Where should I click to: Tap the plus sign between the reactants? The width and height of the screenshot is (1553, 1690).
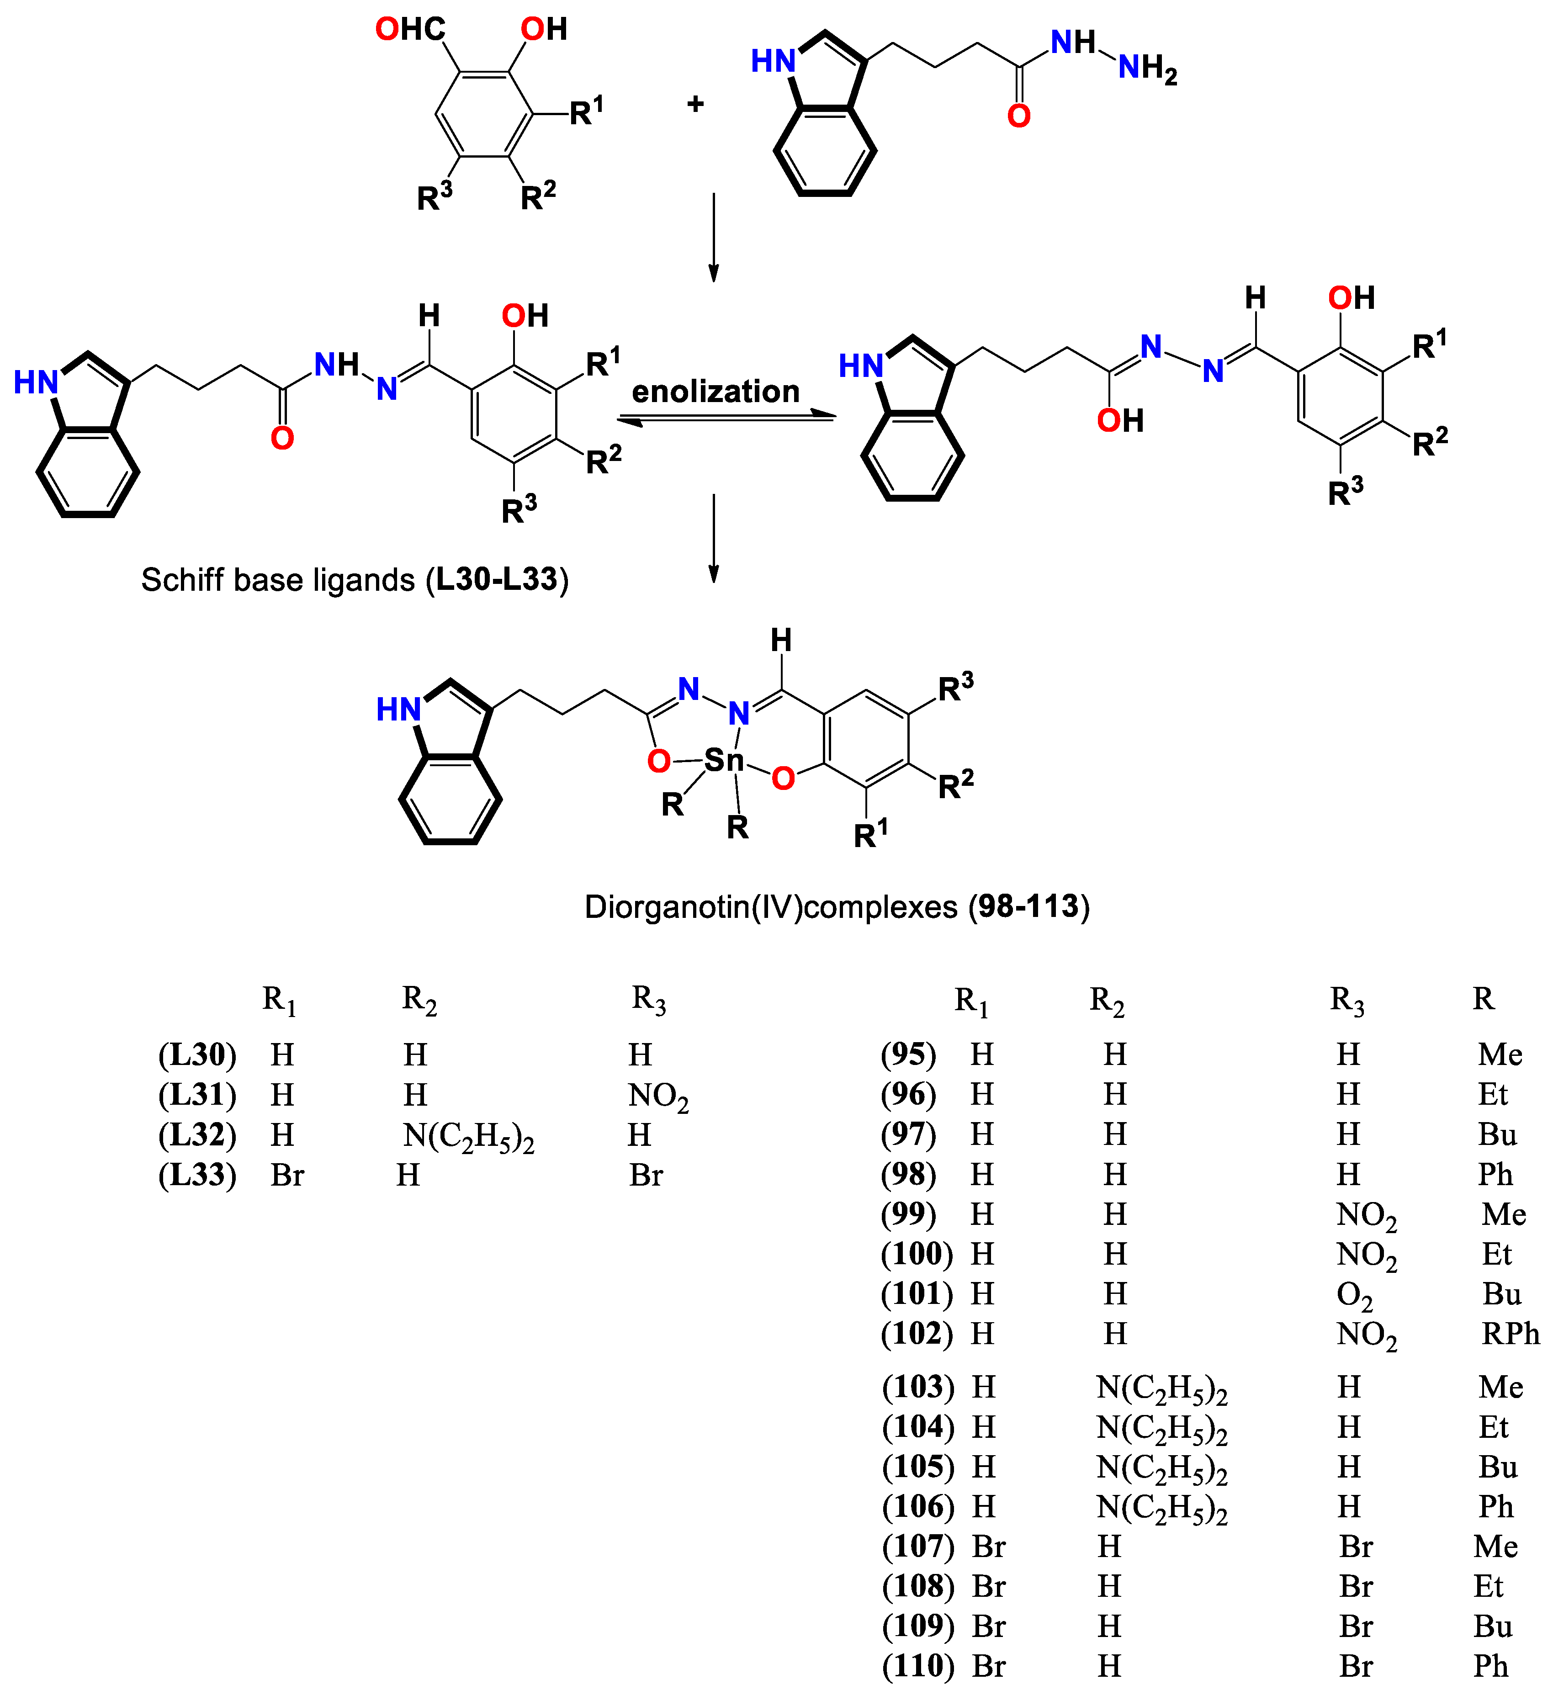tap(695, 104)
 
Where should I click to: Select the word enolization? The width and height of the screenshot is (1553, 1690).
tap(715, 392)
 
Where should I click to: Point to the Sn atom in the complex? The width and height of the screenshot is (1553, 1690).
tap(724, 761)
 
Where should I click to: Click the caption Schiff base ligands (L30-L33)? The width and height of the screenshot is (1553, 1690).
tap(355, 580)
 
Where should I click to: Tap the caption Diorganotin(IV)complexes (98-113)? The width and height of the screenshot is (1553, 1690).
tap(837, 907)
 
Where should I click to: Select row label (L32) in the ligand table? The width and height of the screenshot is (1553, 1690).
tap(197, 1134)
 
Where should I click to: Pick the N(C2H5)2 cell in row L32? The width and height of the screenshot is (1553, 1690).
tap(468, 1136)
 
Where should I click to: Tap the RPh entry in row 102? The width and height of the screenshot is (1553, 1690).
tap(1510, 1334)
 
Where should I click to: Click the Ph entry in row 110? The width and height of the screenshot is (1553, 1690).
tap(1491, 1666)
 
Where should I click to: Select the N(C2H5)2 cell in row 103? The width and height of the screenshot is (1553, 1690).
tap(1161, 1388)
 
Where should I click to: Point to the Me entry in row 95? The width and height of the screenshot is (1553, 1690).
tap(1500, 1054)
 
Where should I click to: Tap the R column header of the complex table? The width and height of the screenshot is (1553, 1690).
tap(1483, 998)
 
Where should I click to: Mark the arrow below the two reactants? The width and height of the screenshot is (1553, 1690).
tap(714, 237)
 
